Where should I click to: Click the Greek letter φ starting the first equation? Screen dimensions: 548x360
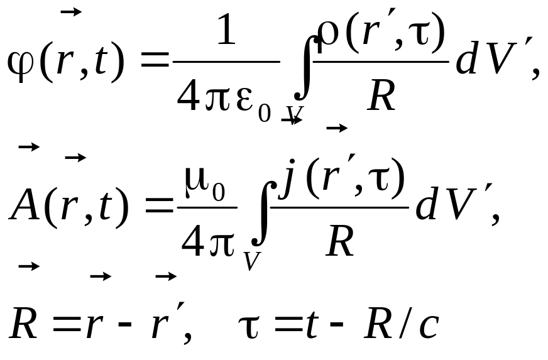pos(21,64)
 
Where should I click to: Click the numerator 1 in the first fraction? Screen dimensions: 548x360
pos(226,30)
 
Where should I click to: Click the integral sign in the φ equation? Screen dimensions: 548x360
pos(305,68)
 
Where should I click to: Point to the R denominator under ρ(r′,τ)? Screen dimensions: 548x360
pos(381,95)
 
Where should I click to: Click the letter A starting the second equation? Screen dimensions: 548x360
pos(25,205)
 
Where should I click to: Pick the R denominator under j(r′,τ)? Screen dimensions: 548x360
pos(341,241)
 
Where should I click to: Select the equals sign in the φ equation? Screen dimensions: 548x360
pos(155,60)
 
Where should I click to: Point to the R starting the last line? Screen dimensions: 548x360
pos(23,323)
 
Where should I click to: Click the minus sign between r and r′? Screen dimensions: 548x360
pos(125,324)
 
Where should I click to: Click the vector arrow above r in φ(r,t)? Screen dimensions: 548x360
pos(71,12)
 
